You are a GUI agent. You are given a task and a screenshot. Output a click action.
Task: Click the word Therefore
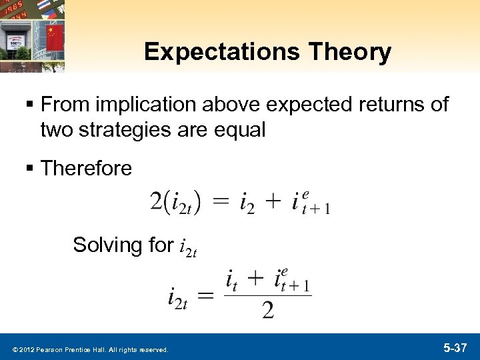(86, 169)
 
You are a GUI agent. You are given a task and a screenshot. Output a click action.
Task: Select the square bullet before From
(31, 105)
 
